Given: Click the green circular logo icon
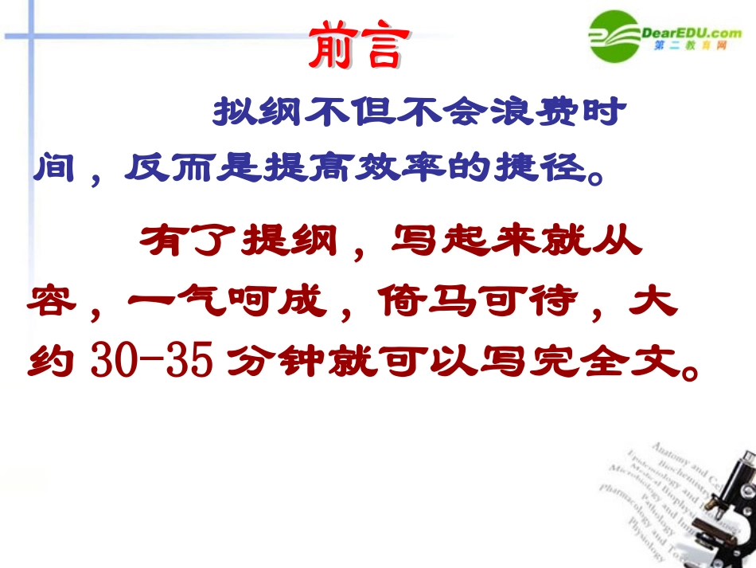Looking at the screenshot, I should pyautogui.click(x=615, y=37).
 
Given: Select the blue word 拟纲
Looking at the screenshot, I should pyautogui.click(x=255, y=114).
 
